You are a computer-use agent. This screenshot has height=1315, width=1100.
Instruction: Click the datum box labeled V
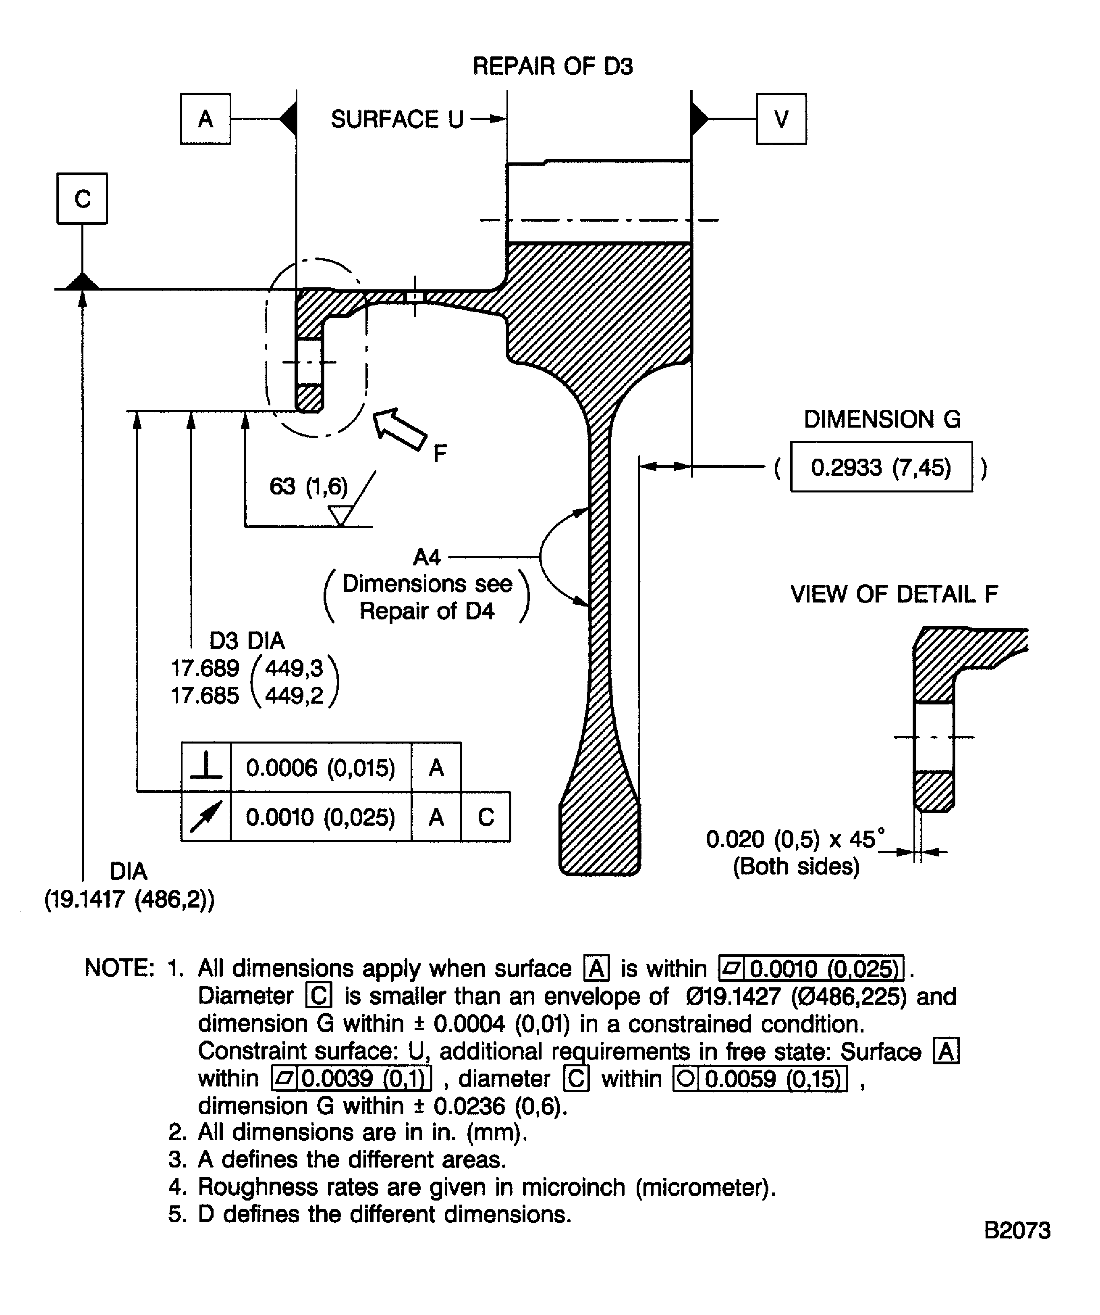tap(781, 119)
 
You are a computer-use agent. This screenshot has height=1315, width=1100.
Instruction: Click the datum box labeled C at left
tap(82, 199)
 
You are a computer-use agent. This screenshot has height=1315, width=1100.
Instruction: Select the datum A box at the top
tap(205, 119)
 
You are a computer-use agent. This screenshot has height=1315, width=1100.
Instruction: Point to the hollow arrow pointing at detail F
tap(399, 428)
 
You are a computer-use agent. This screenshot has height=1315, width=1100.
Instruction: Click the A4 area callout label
tap(427, 557)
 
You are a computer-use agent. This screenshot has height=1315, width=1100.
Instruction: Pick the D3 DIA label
tap(247, 641)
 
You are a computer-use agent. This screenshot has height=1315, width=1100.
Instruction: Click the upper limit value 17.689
tap(205, 669)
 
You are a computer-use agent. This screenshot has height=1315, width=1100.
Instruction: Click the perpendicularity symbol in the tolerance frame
tap(206, 767)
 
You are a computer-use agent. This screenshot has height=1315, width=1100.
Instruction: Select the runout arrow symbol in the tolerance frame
tap(206, 816)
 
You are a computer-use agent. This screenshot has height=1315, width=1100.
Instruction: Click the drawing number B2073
tap(1017, 1230)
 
